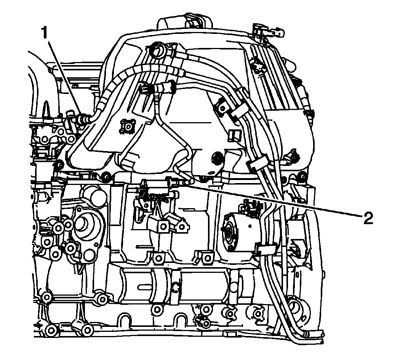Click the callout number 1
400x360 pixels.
(45, 33)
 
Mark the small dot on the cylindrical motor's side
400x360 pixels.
(250, 225)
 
